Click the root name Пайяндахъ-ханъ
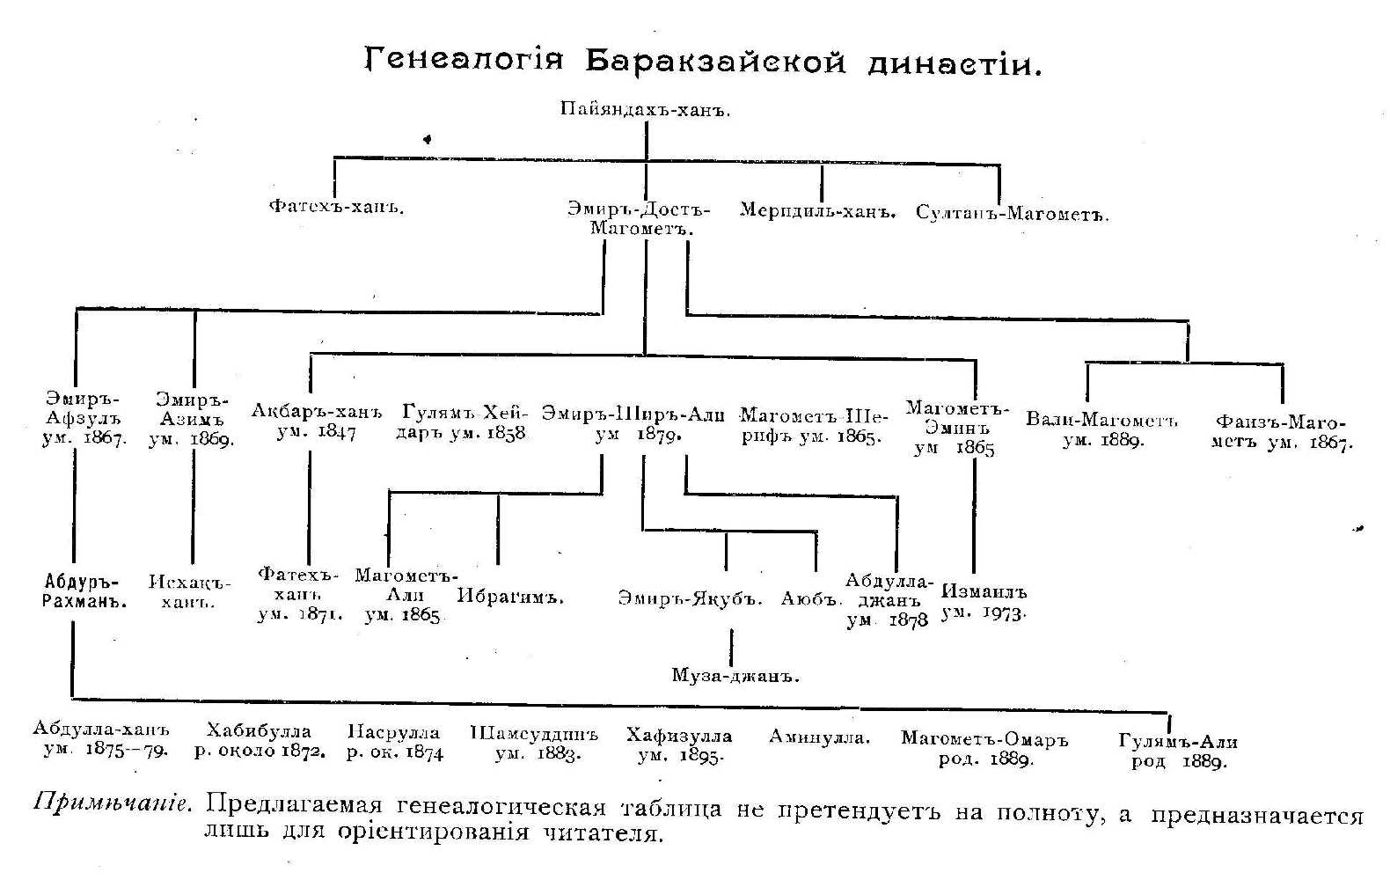pyautogui.click(x=646, y=111)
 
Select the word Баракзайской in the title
pyautogui.click(x=714, y=62)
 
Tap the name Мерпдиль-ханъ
pyautogui.click(x=817, y=212)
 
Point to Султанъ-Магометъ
pyautogui.click(x=1012, y=214)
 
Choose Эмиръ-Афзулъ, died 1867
pyautogui.click(x=84, y=419)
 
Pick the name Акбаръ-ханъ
pyautogui.click(x=318, y=411)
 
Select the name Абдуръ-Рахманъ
pyautogui.click(x=81, y=591)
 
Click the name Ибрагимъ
pyautogui.click(x=510, y=597)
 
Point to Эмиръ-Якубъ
pyautogui.click(x=689, y=598)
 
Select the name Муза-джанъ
pyautogui.click(x=735, y=676)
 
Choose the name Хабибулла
pyautogui.click(x=259, y=731)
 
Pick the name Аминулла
pyautogui.click(x=819, y=737)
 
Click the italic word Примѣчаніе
pyautogui.click(x=111, y=803)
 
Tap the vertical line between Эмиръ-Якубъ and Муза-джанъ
pyautogui.click(x=731, y=648)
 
